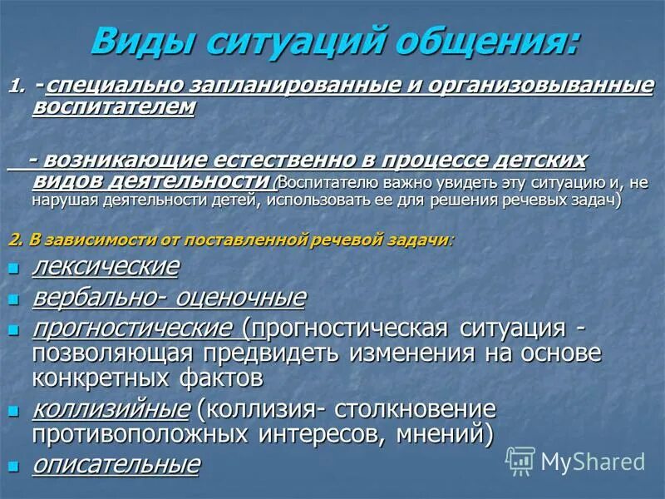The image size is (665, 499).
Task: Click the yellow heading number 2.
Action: click(x=14, y=240)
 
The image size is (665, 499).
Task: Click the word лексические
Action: click(x=105, y=267)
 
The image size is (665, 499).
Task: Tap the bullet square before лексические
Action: click(x=12, y=269)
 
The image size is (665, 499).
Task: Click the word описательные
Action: click(x=116, y=464)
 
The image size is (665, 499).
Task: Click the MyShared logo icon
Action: click(x=520, y=460)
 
